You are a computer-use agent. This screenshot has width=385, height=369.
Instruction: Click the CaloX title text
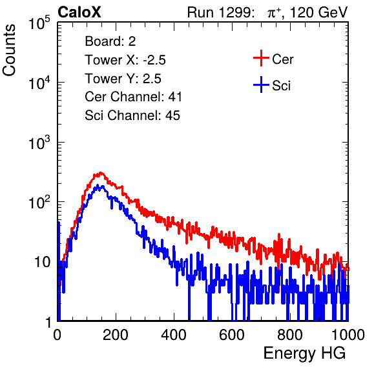[79, 12]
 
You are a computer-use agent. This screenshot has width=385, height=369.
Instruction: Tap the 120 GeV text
[318, 12]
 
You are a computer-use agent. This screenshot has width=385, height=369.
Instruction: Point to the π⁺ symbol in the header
[274, 12]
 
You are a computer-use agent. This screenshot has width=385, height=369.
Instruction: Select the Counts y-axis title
[9, 50]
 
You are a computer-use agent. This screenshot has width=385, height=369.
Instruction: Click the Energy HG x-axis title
[304, 354]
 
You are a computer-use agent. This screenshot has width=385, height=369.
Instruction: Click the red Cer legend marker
[261, 58]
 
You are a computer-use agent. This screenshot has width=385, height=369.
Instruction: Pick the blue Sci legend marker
[261, 85]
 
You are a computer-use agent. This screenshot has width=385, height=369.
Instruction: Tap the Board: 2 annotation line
[110, 41]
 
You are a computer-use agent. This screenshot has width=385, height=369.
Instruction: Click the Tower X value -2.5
[154, 60]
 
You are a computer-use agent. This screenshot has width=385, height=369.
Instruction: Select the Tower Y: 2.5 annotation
[123, 79]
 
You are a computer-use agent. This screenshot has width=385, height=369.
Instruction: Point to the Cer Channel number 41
[175, 97]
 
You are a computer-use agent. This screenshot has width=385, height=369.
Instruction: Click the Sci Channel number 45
[172, 115]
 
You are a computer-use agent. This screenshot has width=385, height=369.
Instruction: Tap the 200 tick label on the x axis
[116, 335]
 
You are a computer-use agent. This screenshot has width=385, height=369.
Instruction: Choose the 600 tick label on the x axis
[232, 335]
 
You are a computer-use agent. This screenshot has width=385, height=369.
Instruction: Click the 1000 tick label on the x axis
[348, 335]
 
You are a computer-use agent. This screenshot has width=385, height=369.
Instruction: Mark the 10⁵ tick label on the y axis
[39, 23]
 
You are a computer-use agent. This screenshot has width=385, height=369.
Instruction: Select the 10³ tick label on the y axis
[39, 143]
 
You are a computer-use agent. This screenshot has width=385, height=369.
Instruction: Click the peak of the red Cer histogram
[100, 173]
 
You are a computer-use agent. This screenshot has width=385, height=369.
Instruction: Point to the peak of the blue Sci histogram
[98, 185]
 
